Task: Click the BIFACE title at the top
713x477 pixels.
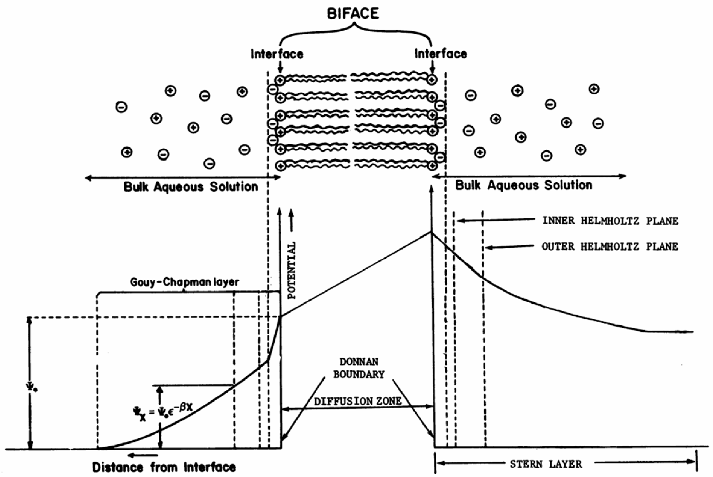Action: [x=353, y=14]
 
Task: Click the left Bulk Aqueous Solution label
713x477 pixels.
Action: [x=191, y=187]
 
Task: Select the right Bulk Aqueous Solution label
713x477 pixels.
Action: [x=523, y=185]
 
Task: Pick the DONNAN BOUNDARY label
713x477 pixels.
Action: [x=359, y=368]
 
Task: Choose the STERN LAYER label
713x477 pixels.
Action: [x=546, y=464]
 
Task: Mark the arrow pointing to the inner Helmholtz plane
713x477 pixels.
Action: [x=496, y=220]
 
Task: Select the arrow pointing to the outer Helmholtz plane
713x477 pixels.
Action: [x=510, y=247]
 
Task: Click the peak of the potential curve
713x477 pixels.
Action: [x=431, y=232]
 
